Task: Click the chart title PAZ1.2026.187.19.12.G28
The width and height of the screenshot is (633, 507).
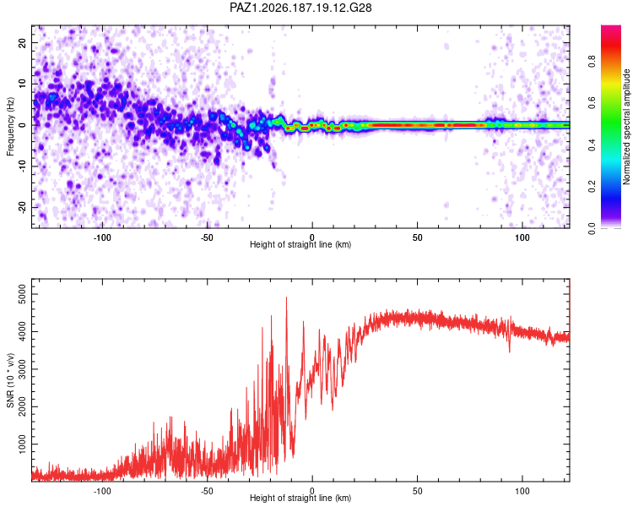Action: [x=300, y=8]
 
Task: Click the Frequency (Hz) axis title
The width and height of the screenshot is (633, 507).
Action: [x=10, y=127]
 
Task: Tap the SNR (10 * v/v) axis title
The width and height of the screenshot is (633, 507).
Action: [x=10, y=380]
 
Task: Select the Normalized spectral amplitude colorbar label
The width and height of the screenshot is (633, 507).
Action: [x=626, y=127]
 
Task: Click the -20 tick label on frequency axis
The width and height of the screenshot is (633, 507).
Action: [x=22, y=207]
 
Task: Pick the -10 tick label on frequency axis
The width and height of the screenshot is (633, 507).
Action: [x=22, y=166]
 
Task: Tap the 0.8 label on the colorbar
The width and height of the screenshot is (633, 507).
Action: [x=592, y=62]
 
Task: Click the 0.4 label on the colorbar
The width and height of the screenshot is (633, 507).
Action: [x=592, y=144]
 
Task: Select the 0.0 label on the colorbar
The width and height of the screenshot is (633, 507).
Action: [x=592, y=228]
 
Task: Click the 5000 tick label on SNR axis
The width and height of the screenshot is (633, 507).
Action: [x=22, y=294]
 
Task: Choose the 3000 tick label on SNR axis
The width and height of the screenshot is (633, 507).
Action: [x=22, y=369]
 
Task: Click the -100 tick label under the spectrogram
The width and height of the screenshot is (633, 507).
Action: [x=102, y=237]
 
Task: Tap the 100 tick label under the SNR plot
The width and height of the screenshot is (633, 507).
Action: [x=522, y=491]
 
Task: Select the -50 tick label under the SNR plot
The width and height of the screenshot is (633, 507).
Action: [x=207, y=491]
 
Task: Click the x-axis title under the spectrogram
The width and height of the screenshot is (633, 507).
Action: [x=300, y=244]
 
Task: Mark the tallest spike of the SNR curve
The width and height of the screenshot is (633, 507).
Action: [x=287, y=297]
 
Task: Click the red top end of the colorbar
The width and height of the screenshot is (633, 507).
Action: [x=611, y=27]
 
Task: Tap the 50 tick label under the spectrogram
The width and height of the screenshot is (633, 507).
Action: [x=418, y=237]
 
